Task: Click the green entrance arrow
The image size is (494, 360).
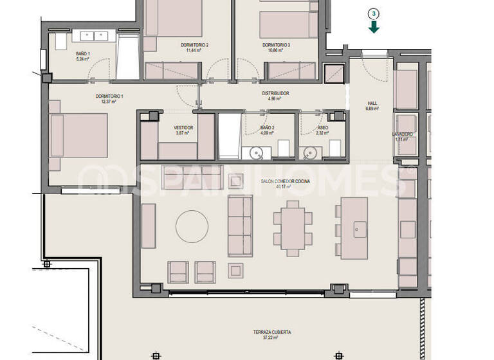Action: coord(374,26)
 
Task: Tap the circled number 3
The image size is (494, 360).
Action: coord(374,13)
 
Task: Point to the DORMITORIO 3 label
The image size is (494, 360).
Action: coord(276,45)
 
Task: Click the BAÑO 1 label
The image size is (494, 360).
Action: coord(82,54)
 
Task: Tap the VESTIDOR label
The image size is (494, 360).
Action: coord(183,128)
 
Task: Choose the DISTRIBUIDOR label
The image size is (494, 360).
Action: coord(275,94)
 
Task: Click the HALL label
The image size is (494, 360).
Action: coord(372,103)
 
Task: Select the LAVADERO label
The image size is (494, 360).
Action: coord(403,134)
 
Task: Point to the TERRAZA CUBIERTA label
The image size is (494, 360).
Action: coord(272,332)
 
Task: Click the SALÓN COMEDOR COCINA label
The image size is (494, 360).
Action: coord(285,182)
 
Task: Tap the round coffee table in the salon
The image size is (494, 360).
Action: coord(192,226)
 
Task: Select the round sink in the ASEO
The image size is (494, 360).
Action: coord(311,152)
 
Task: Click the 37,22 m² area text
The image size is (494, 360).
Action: coord(272,339)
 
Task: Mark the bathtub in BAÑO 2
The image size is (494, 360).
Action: coord(229,136)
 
